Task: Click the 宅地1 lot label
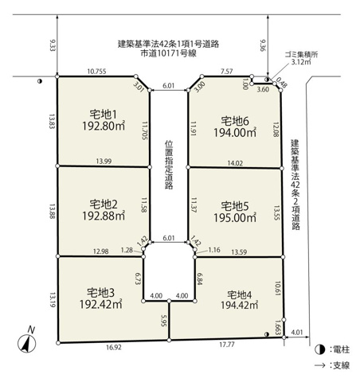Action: pyautogui.click(x=103, y=115)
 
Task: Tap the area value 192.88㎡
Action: pyautogui.click(x=104, y=216)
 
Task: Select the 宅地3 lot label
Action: pyautogui.click(x=100, y=293)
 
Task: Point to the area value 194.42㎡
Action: pyautogui.click(x=239, y=305)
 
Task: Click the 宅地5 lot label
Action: pyautogui.click(x=235, y=206)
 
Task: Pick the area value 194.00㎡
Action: pyautogui.click(x=235, y=133)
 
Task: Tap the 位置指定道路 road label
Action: pyautogui.click(x=169, y=165)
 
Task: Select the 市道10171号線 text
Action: pyautogui.click(x=168, y=53)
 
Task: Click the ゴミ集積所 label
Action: pyautogui.click(x=301, y=55)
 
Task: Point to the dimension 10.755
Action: pyautogui.click(x=97, y=72)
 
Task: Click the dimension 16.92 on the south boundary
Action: pyautogui.click(x=114, y=347)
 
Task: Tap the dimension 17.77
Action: pyautogui.click(x=227, y=345)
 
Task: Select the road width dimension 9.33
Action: pyautogui.click(x=53, y=45)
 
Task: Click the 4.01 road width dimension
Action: pyautogui.click(x=297, y=332)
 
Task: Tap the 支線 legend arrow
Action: pyautogui.click(x=320, y=365)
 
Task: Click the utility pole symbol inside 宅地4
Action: pyautogui.click(x=267, y=334)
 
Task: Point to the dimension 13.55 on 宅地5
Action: pyautogui.click(x=276, y=212)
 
